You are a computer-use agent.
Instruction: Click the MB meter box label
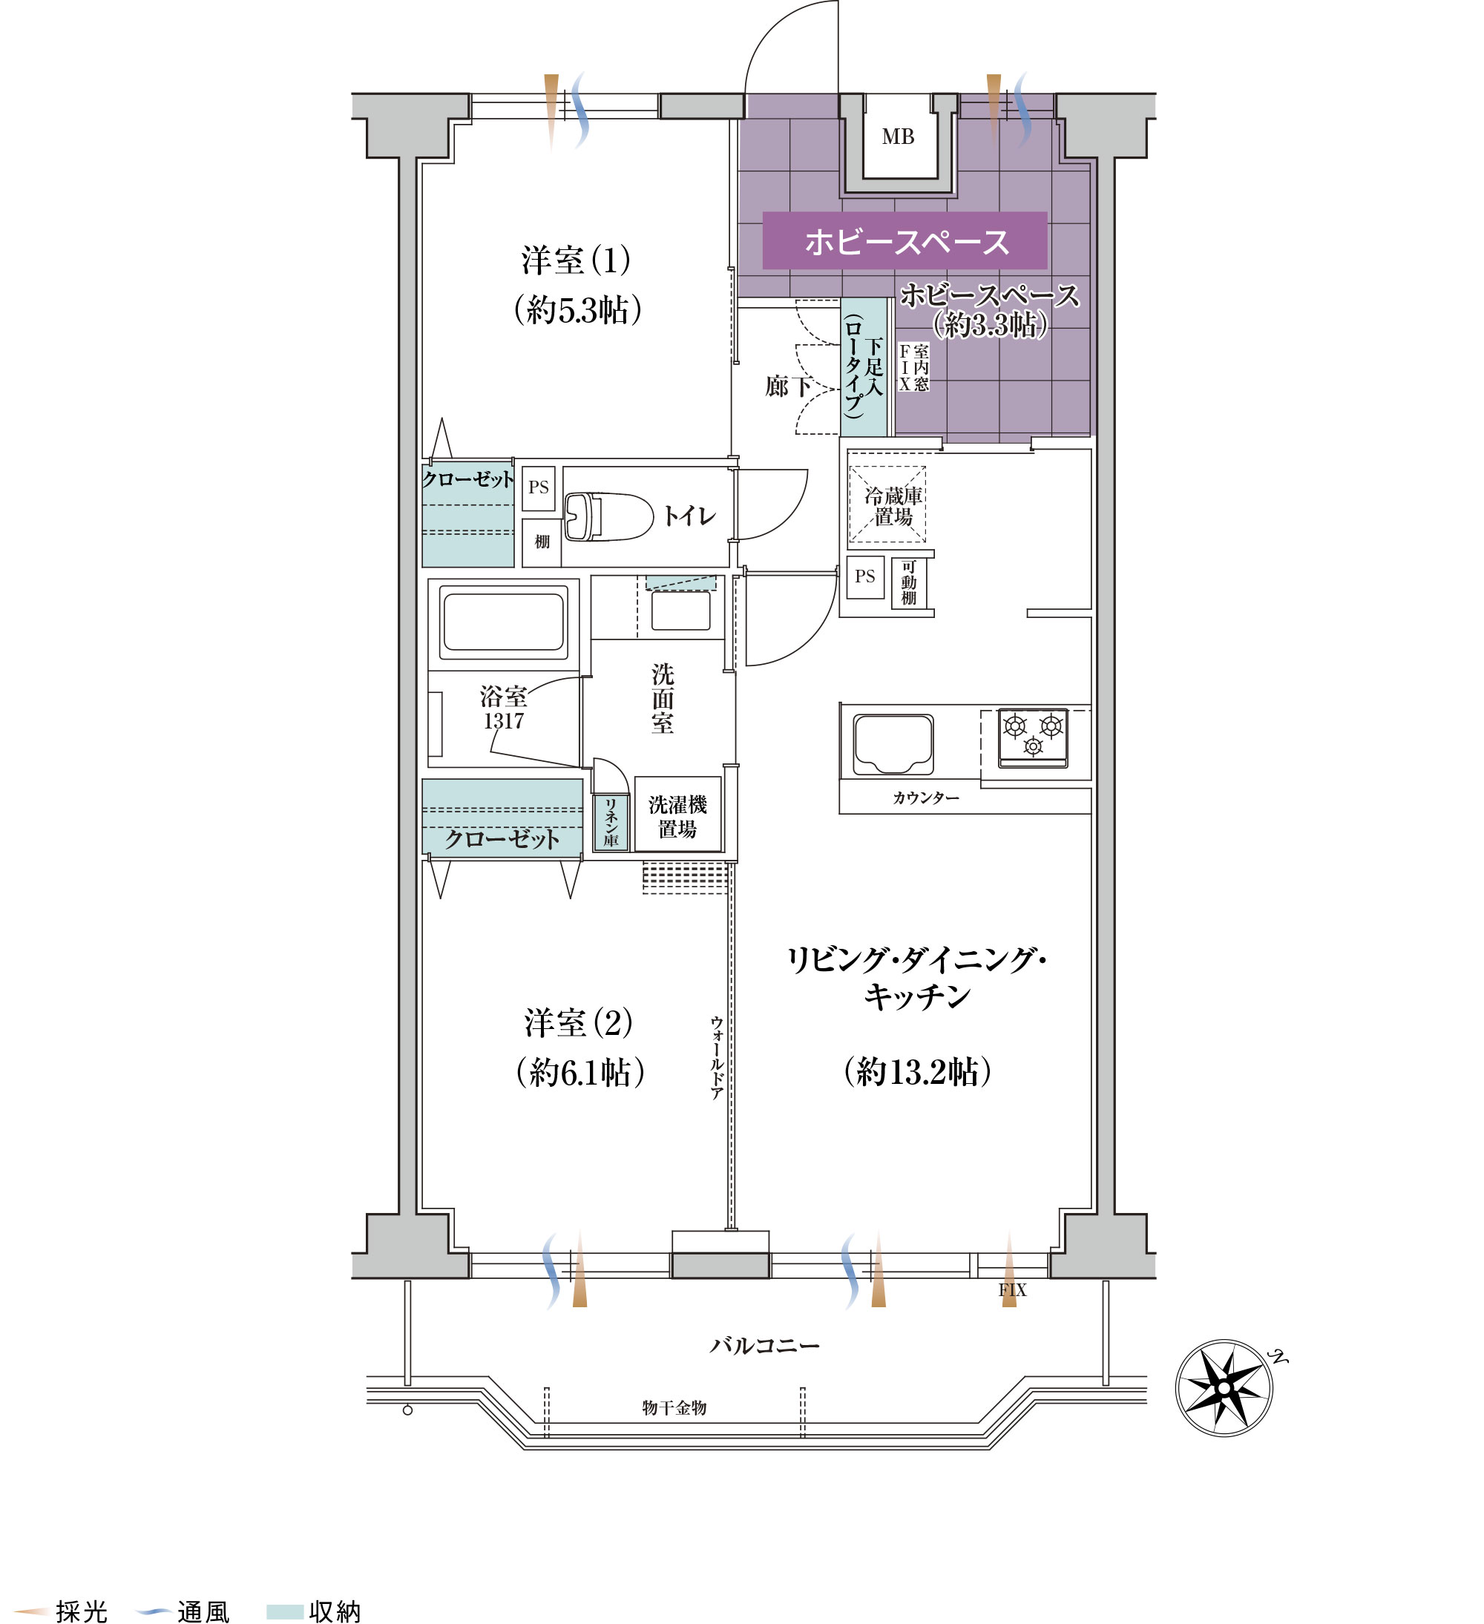tap(898, 137)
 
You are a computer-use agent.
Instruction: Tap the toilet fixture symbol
tap(608, 516)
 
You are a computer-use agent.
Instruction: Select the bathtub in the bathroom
tap(504, 621)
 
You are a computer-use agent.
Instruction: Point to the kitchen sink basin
tap(893, 742)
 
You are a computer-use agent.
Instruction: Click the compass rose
tap(1224, 1387)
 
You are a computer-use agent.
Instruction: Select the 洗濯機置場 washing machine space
tap(677, 816)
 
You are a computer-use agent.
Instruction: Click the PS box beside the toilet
tap(538, 487)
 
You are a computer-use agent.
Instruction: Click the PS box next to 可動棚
tap(864, 576)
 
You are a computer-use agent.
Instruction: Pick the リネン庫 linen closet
tap(611, 822)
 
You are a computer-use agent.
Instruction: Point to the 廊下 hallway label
tap(787, 387)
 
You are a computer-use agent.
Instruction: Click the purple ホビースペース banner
tap(904, 241)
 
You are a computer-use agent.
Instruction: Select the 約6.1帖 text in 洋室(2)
tap(580, 1072)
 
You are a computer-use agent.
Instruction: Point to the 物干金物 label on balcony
tap(674, 1407)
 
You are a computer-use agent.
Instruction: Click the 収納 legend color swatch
tap(284, 1611)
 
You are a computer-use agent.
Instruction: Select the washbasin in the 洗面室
tap(680, 611)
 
